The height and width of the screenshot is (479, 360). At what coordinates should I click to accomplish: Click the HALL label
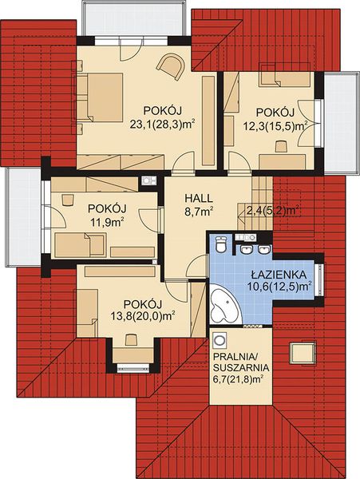point(199,197)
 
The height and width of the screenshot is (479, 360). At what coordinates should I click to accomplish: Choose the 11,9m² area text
point(106,222)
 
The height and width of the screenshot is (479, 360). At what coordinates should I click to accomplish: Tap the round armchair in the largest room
point(168,65)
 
